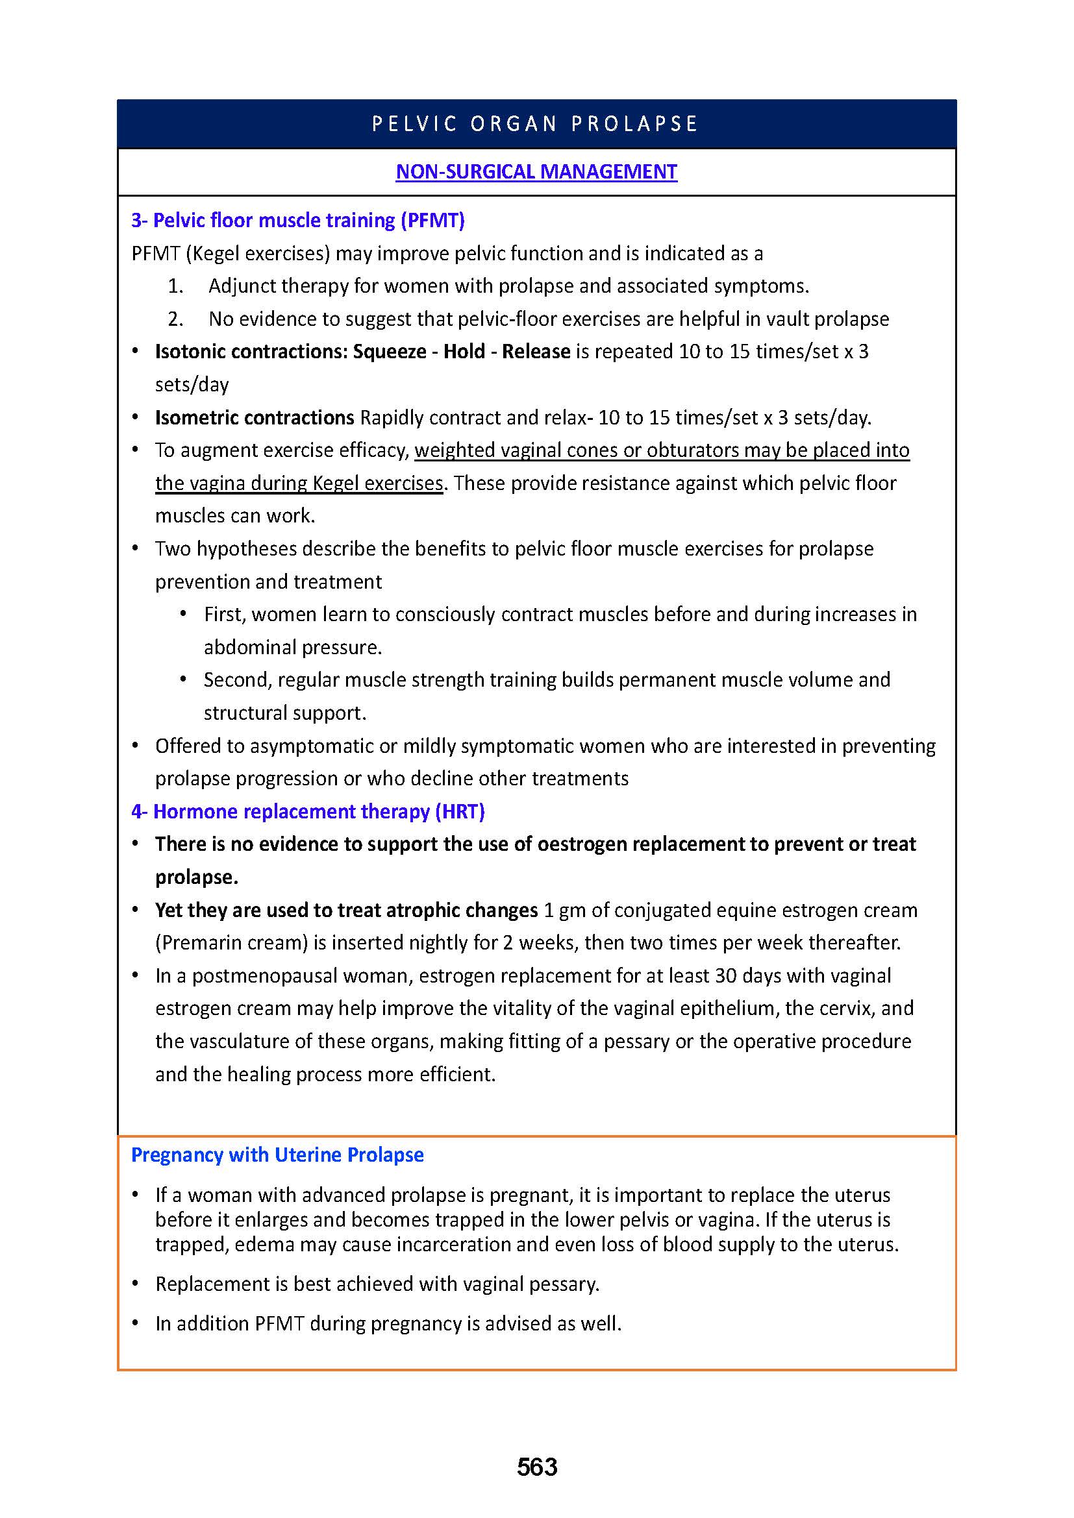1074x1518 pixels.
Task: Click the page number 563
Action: pos(537,1467)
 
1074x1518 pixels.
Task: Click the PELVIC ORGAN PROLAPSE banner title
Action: pos(536,124)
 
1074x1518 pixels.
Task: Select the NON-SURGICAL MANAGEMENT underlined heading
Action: pos(536,172)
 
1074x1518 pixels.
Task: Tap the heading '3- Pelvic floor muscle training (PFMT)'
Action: pos(297,220)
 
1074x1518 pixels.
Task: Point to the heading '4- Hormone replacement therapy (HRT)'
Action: pos(308,811)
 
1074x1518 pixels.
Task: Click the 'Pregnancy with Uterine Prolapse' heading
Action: pos(277,1155)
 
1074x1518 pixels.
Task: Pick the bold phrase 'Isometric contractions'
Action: pos(255,417)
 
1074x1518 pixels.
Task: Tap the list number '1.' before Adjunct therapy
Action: pos(175,286)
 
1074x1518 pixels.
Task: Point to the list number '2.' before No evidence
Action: pos(175,319)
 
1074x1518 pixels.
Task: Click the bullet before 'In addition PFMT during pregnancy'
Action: pos(136,1323)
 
